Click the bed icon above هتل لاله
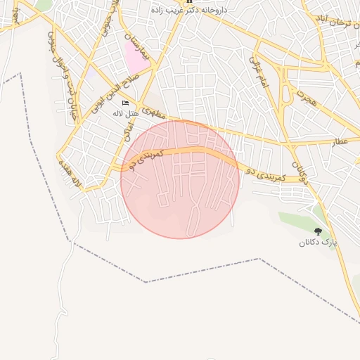click(125, 103)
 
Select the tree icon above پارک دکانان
click(318, 231)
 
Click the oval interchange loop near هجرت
click(285, 92)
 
